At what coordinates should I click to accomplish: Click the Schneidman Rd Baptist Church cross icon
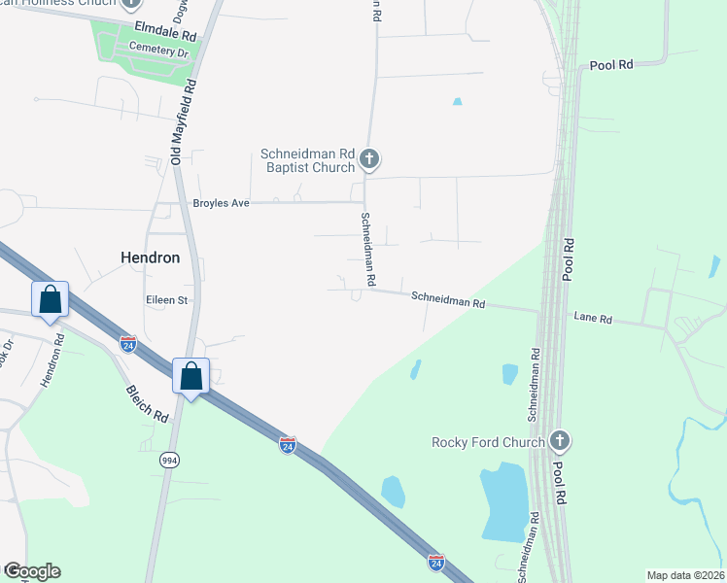[368, 158]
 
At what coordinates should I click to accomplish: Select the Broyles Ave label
[222, 203]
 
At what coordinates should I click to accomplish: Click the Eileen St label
[166, 300]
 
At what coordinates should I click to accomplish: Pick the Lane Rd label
[593, 318]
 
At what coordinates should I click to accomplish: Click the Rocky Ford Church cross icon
[559, 442]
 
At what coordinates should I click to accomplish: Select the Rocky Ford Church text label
[488, 443]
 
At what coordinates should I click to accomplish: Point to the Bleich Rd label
[147, 401]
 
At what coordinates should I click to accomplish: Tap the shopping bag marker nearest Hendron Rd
[51, 300]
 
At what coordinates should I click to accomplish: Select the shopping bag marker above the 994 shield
[191, 375]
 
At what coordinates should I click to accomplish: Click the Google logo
[32, 571]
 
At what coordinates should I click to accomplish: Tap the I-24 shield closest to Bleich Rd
[128, 344]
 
